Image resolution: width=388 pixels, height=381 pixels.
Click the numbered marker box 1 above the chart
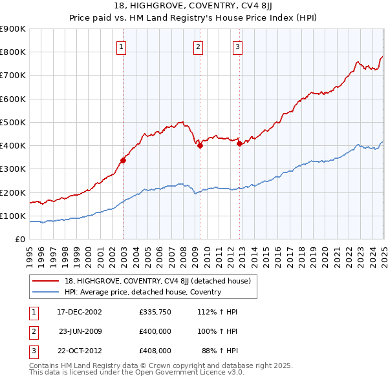coord(122,46)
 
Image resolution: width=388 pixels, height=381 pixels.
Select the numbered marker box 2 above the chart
coord(198,46)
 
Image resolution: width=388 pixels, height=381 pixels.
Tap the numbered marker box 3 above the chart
coord(238,46)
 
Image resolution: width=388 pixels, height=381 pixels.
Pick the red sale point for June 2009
coord(200,145)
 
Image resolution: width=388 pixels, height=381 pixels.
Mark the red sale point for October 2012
coord(239,143)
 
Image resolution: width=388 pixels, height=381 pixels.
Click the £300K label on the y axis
coord(13,169)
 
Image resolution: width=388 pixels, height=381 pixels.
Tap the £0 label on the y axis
coord(19,240)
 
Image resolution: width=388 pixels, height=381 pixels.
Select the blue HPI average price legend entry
coord(143,292)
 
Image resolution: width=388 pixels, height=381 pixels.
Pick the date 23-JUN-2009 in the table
coord(81,331)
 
